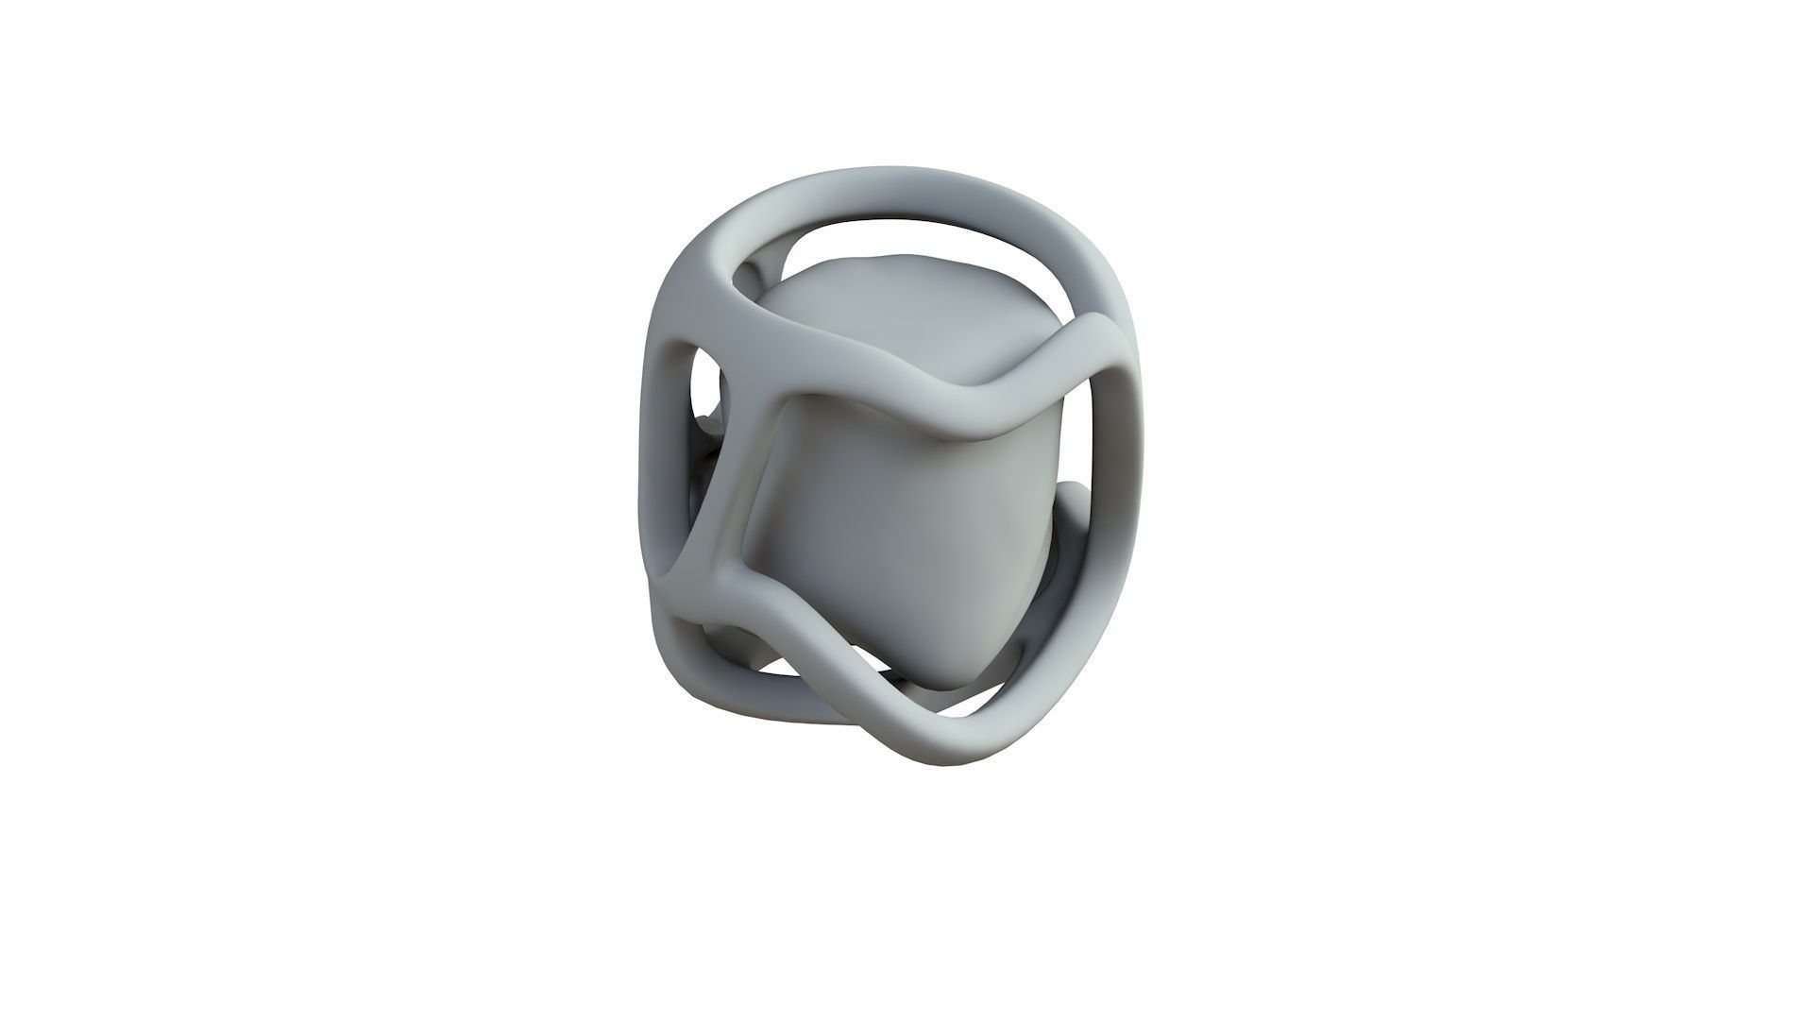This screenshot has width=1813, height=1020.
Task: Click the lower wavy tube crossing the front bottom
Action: coord(850,680)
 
